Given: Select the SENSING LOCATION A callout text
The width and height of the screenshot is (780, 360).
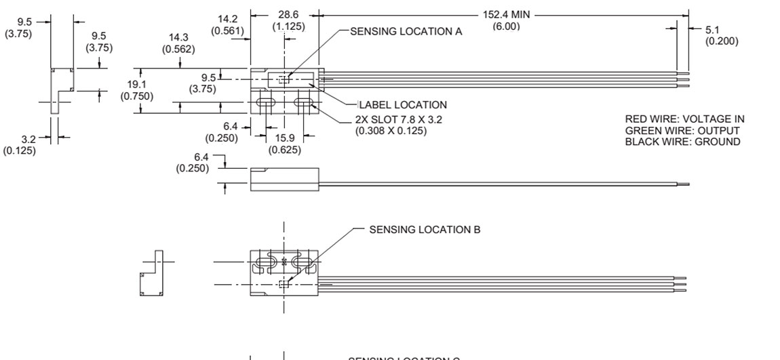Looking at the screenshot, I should click(x=406, y=32).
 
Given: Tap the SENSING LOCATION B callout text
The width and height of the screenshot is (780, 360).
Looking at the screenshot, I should click(x=425, y=230).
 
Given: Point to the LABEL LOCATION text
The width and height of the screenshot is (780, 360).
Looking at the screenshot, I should click(x=403, y=105).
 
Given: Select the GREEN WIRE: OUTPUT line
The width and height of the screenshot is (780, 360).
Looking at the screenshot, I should click(x=682, y=131).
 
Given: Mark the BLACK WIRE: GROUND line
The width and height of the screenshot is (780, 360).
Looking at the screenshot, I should click(x=682, y=142).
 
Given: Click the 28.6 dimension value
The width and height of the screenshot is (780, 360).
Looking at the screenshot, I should click(x=289, y=14).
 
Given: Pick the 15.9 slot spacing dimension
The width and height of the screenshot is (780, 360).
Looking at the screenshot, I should click(x=286, y=138).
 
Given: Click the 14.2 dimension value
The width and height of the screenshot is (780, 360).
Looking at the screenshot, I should click(x=227, y=18).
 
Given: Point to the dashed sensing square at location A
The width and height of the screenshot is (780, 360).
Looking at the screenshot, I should click(x=284, y=80).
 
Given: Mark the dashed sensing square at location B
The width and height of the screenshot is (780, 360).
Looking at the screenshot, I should click(x=284, y=283).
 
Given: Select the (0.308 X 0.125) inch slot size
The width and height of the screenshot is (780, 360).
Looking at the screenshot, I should click(x=391, y=131).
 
